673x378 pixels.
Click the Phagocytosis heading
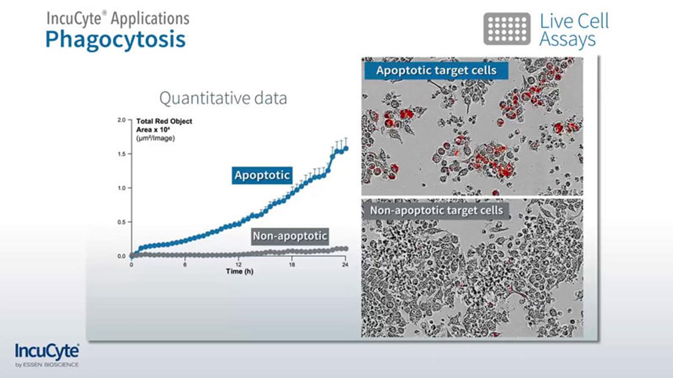click(x=115, y=40)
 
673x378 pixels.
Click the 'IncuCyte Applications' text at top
click(x=118, y=18)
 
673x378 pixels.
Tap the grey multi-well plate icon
click(x=506, y=29)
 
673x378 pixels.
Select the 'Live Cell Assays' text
click(x=574, y=30)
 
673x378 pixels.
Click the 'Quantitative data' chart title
click(x=223, y=99)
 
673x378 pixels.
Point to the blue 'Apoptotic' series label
click(x=262, y=175)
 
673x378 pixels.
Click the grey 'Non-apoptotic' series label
click(x=289, y=236)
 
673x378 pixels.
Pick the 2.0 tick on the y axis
click(x=122, y=120)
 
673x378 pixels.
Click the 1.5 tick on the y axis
click(x=122, y=154)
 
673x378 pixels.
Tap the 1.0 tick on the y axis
click(x=122, y=188)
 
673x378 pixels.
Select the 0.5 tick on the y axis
click(x=122, y=222)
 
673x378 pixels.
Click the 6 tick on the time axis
click(x=185, y=265)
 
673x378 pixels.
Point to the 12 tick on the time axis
click(x=238, y=265)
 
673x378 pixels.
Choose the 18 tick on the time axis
click(x=292, y=265)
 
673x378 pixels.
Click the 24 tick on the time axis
click(x=345, y=265)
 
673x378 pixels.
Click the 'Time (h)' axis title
click(x=238, y=272)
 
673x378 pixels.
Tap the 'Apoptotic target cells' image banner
click(x=436, y=71)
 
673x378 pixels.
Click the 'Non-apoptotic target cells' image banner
click(x=436, y=211)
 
